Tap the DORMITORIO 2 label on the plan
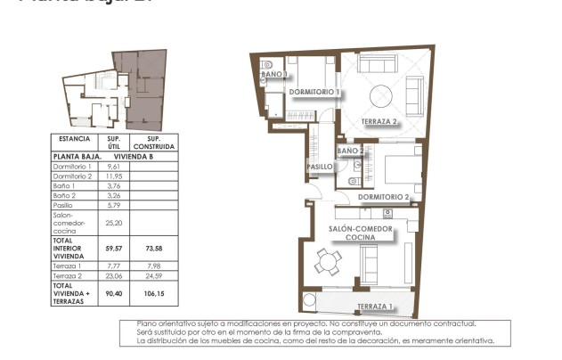pos(383,196)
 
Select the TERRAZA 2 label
pos(379,121)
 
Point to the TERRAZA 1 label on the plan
pos(374,307)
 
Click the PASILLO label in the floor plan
pos(320,167)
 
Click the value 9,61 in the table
pos(113,167)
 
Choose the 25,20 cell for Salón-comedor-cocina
pos(113,224)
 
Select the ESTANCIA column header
pos(74,139)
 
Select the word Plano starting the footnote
pos(147,323)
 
